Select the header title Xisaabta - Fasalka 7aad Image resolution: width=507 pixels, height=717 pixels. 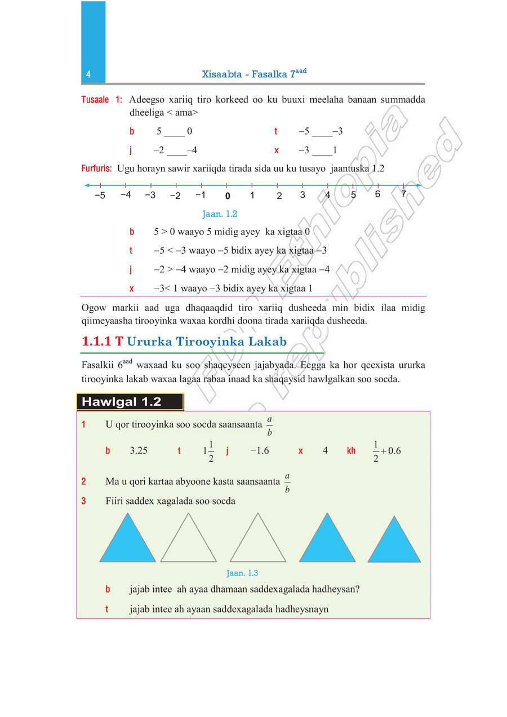(x=253, y=74)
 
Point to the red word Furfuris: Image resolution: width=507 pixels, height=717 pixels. (x=96, y=169)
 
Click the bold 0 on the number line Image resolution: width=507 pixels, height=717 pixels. (x=227, y=197)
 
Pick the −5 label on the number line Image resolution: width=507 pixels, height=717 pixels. (x=100, y=196)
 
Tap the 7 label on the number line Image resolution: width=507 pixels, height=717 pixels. (x=403, y=194)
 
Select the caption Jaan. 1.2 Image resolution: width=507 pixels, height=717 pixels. (x=220, y=214)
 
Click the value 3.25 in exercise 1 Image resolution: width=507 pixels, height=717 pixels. (x=139, y=450)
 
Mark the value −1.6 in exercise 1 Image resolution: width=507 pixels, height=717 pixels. (x=259, y=450)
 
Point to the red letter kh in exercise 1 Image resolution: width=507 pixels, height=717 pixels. (x=351, y=451)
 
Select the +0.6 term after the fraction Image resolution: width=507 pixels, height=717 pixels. (x=391, y=450)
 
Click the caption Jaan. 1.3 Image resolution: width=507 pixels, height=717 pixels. (x=242, y=573)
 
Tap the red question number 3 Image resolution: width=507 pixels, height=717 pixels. (x=83, y=501)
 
